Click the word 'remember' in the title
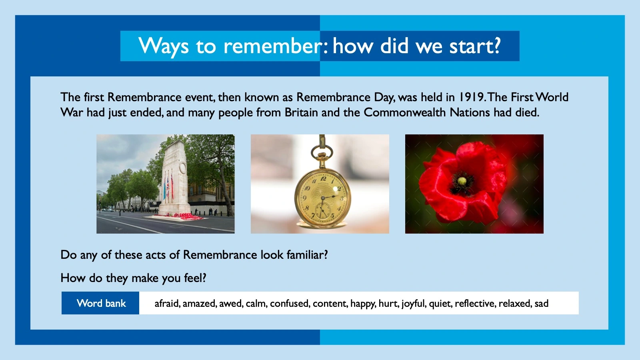[x=272, y=46]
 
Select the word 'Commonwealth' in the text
[x=404, y=112]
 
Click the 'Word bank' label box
[x=100, y=303]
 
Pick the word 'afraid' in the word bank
[x=167, y=304]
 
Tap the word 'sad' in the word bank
[x=542, y=304]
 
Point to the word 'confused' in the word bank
[x=290, y=304]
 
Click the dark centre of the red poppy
[x=462, y=182]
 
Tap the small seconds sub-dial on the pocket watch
[x=322, y=209]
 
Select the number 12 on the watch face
[x=323, y=179]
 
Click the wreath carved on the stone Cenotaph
[x=182, y=168]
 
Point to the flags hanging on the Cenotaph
[x=168, y=186]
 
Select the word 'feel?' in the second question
[x=195, y=278]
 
